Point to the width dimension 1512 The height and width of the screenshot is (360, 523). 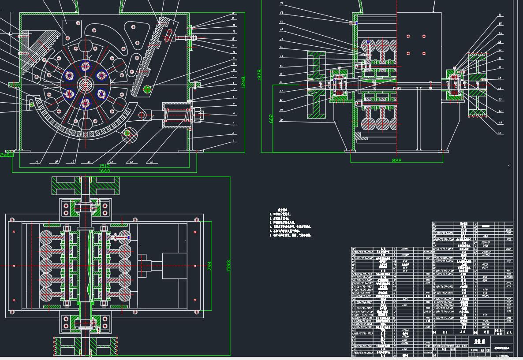pyautogui.click(x=104, y=166)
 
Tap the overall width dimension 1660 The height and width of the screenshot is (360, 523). pyautogui.click(x=104, y=171)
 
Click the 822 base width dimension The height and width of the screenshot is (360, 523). pyautogui.click(x=397, y=161)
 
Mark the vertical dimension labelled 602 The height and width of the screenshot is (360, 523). pyautogui.click(x=271, y=119)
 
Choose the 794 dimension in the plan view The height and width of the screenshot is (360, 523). pyautogui.click(x=209, y=266)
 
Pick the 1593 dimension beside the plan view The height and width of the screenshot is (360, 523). pyautogui.click(x=228, y=266)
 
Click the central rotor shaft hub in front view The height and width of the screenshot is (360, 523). pyautogui.click(x=85, y=84)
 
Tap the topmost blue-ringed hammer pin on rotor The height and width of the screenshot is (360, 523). pyautogui.click(x=86, y=67)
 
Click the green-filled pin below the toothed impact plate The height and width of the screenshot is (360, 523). pyautogui.click(x=147, y=89)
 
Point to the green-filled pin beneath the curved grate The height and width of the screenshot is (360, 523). pyautogui.click(x=127, y=133)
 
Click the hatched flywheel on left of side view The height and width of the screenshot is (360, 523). pyautogui.click(x=316, y=85)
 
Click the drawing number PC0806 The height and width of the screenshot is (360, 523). pyautogui.click(x=503, y=356)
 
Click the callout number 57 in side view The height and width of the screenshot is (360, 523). pyautogui.click(x=281, y=4)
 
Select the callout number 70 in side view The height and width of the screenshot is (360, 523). pyautogui.click(x=281, y=120)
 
